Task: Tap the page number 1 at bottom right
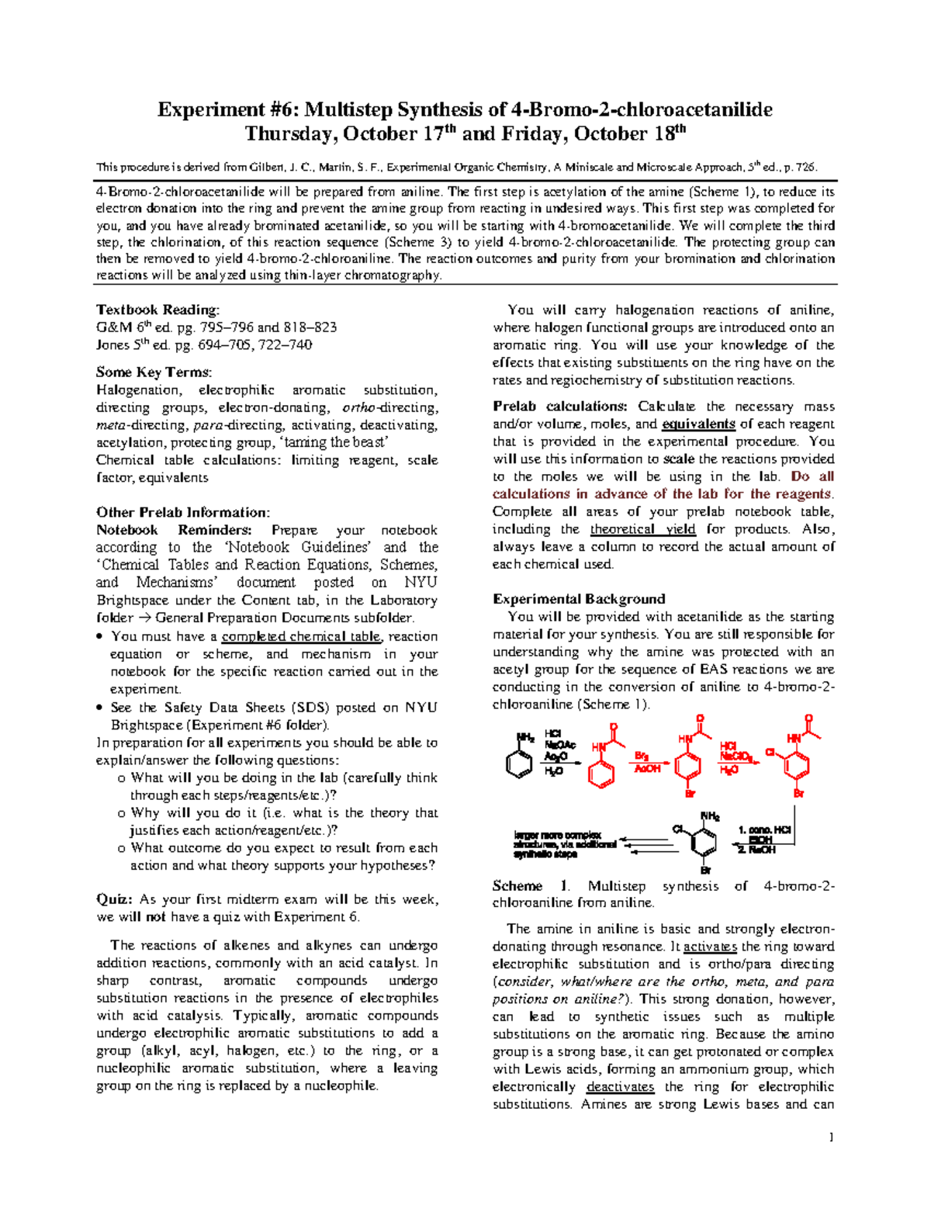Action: coord(831,1137)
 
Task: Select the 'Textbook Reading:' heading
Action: coord(157,310)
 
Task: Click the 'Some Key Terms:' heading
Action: coord(154,372)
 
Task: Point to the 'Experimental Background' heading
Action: coord(579,599)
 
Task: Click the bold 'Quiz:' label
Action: coord(115,899)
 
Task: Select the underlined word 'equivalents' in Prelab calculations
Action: coord(698,424)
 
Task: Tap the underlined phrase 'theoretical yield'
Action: coord(642,529)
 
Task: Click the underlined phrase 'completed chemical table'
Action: coord(301,636)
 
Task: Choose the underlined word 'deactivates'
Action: coord(620,1087)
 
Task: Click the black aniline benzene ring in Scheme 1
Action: coord(518,763)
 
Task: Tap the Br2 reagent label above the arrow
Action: coord(642,756)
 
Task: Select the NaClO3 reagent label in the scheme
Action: coord(735,757)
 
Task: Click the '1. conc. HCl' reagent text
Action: coord(764,829)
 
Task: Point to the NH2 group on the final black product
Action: coord(710,816)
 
